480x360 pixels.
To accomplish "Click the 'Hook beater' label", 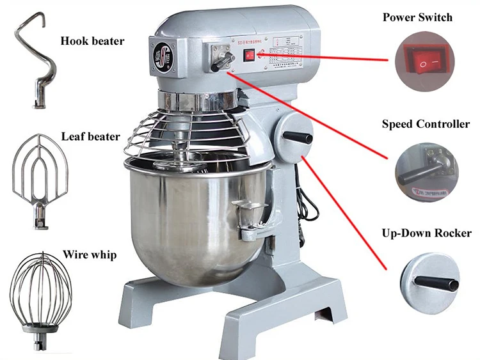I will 92,42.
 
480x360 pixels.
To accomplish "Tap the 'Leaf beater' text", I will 90,136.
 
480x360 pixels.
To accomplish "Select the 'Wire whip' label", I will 90,255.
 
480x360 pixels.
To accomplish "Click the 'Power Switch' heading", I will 417,17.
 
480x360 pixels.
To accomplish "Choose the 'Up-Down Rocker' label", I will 426,233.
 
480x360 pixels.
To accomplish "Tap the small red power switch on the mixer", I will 249,56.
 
